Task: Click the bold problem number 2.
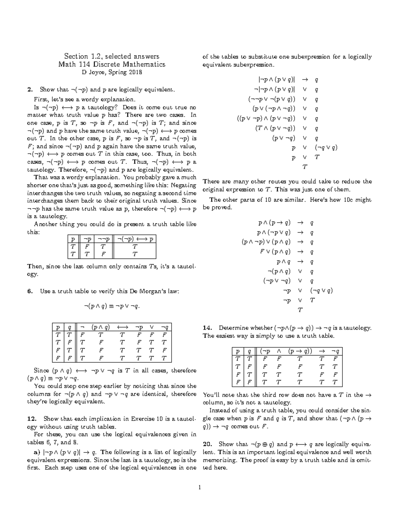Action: coord(30,90)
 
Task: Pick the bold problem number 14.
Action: coord(207,328)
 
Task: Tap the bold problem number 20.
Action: coord(207,444)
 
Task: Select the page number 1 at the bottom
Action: coord(199,487)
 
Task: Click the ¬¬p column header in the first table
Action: coord(103,239)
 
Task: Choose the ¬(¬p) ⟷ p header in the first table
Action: coord(135,239)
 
